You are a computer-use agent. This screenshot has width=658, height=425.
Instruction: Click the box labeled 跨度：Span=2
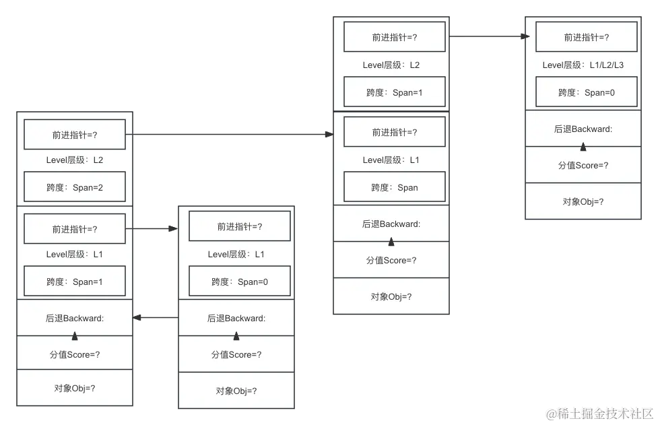pyautogui.click(x=75, y=187)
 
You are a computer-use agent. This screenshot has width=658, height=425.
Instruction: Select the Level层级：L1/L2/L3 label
pyautogui.click(x=583, y=65)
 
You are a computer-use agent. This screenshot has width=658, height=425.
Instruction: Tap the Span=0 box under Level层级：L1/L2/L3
pyautogui.click(x=586, y=93)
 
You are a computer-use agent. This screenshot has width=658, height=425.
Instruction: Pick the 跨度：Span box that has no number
pyautogui.click(x=394, y=188)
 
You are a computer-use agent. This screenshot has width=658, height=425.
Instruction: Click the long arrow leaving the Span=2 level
pyautogui.click(x=232, y=135)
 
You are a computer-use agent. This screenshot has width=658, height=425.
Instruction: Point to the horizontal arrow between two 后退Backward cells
pyautogui.click(x=156, y=317)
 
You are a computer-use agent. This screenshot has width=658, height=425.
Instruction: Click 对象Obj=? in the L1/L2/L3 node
pyautogui.click(x=583, y=201)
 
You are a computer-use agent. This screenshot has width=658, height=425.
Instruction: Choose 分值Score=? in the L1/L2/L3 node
pyautogui.click(x=583, y=165)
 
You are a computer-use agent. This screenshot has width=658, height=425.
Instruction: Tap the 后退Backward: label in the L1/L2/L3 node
pyautogui.click(x=583, y=129)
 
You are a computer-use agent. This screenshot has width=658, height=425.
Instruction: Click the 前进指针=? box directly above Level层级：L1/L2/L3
pyautogui.click(x=586, y=37)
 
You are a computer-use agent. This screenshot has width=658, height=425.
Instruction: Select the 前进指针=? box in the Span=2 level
pyautogui.click(x=75, y=135)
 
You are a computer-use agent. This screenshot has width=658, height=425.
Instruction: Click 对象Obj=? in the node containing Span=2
pyautogui.click(x=75, y=389)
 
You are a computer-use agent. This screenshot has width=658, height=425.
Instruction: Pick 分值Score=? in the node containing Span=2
pyautogui.click(x=75, y=354)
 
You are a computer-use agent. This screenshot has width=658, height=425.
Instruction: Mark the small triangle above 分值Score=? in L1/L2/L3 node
pyautogui.click(x=583, y=147)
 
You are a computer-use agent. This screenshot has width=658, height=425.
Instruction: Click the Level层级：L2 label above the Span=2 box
pyautogui.click(x=75, y=160)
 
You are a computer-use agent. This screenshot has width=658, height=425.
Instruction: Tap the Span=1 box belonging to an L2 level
pyautogui.click(x=394, y=92)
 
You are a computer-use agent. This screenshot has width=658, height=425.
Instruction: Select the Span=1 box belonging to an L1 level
pyautogui.click(x=75, y=282)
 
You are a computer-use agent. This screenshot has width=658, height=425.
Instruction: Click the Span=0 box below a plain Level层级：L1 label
pyautogui.click(x=239, y=282)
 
